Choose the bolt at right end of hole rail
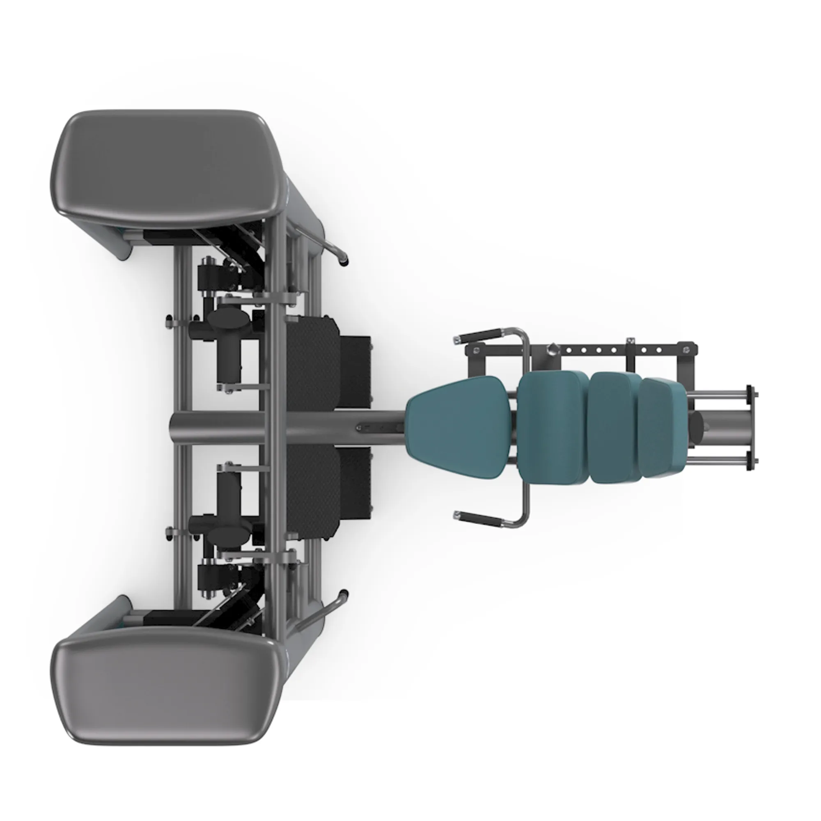coord(686,350)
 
